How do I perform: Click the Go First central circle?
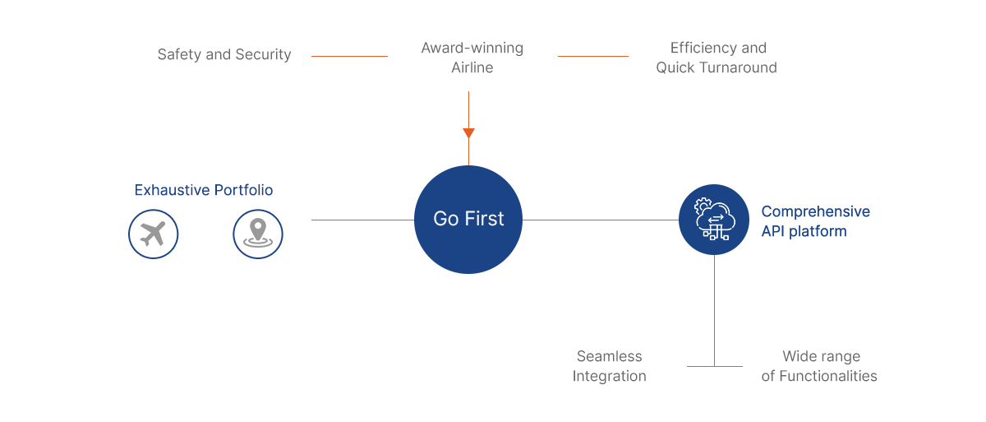468,220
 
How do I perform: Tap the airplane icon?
153,234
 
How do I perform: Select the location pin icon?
258,234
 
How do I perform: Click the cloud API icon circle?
714,220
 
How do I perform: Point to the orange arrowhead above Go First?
469,132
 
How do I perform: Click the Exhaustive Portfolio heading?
204,190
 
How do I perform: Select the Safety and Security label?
224,54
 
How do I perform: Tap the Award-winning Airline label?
472,58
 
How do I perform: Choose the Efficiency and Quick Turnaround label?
716,58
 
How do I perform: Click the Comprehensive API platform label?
816,221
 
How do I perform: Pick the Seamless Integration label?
610,366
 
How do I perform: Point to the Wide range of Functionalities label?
819,366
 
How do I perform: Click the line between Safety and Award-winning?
349,57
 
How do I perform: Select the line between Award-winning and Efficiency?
593,57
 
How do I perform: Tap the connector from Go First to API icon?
601,220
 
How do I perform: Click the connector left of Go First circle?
362,220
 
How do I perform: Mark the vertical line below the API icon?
714,311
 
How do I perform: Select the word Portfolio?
243,190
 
